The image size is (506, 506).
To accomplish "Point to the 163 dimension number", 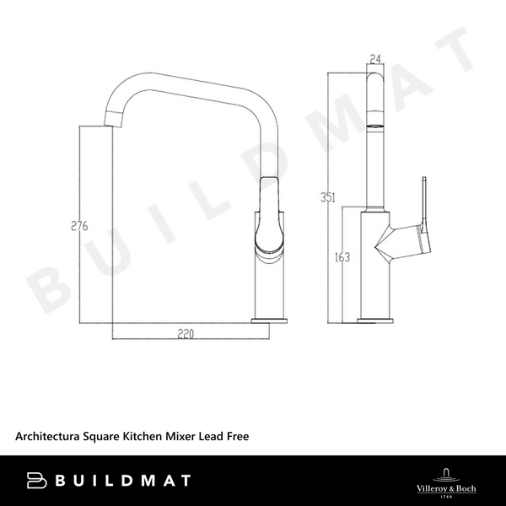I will click(342, 258).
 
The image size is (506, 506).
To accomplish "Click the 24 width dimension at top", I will click(375, 60).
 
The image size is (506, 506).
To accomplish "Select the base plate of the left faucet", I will click(272, 319).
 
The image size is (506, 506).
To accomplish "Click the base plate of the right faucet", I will click(375, 320).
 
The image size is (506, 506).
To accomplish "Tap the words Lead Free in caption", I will click(223, 436).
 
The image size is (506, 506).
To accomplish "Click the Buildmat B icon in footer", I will click(38, 481).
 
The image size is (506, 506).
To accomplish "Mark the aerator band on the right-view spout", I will click(375, 125).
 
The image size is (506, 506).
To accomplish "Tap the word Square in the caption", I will click(104, 436).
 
